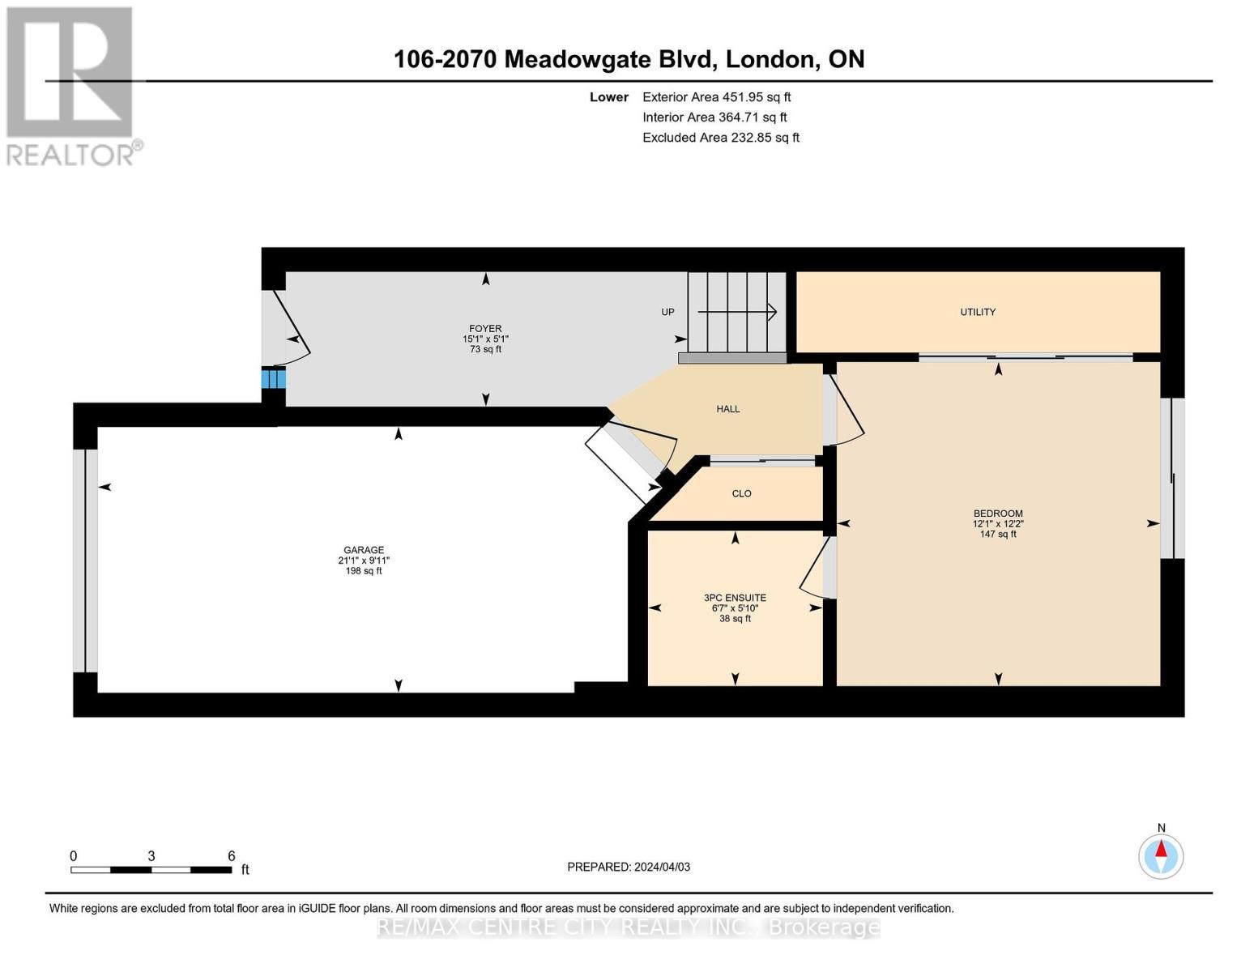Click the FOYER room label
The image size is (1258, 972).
pyautogui.click(x=485, y=329)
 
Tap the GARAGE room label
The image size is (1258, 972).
pyautogui.click(x=363, y=550)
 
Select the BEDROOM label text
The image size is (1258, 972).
pyautogui.click(x=998, y=514)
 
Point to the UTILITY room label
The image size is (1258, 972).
pyautogui.click(x=978, y=312)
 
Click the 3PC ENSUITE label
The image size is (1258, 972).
pyautogui.click(x=735, y=598)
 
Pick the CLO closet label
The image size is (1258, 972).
pyautogui.click(x=741, y=493)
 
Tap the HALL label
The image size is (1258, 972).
pyautogui.click(x=727, y=409)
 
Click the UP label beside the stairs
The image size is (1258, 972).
pyautogui.click(x=667, y=312)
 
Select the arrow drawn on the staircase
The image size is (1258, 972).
pyautogui.click(x=737, y=312)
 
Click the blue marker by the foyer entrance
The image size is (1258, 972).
pyautogui.click(x=273, y=379)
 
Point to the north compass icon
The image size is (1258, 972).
pyautogui.click(x=1161, y=855)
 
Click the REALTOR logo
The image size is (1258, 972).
pyautogui.click(x=71, y=85)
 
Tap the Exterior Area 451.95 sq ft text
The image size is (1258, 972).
pyautogui.click(x=716, y=96)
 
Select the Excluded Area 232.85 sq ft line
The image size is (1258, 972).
pyautogui.click(x=720, y=138)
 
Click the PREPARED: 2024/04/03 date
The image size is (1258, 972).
pyautogui.click(x=629, y=867)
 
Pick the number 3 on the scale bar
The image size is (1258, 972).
pyautogui.click(x=151, y=856)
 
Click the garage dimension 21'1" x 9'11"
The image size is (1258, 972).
pyautogui.click(x=364, y=561)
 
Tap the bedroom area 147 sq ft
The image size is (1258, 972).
pyautogui.click(x=998, y=534)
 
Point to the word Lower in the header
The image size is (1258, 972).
pyautogui.click(x=608, y=97)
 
